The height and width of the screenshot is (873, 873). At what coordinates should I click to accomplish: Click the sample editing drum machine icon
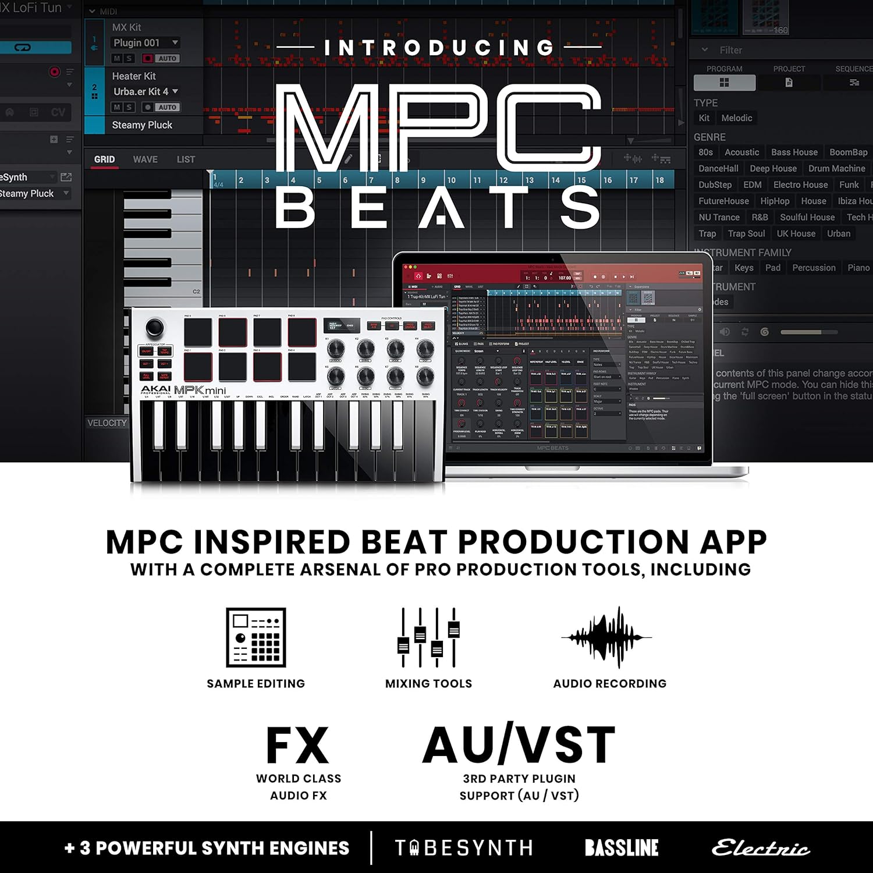(256, 637)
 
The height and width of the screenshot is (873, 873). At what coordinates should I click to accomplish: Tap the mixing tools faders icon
(428, 637)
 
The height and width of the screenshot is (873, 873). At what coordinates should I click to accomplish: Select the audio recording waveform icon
(607, 637)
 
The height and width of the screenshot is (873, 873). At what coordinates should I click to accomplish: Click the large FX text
(297, 746)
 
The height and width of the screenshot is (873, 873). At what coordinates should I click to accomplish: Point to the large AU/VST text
(519, 745)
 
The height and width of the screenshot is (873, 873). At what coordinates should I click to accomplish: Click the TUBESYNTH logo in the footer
(464, 848)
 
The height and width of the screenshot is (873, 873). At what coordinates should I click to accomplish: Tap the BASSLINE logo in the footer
(622, 848)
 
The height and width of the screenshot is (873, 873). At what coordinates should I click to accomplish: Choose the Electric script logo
(761, 848)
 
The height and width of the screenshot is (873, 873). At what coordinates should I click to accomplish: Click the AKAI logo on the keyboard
(155, 389)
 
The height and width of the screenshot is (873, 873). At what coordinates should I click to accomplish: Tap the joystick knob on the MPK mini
(155, 327)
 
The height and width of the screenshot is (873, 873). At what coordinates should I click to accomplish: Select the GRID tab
(105, 159)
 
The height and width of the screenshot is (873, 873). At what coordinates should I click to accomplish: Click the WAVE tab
(145, 159)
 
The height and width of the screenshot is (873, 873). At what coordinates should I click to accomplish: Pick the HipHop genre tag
(775, 201)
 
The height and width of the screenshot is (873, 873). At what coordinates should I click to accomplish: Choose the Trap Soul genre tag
(746, 233)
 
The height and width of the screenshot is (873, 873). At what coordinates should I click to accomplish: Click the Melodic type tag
(737, 118)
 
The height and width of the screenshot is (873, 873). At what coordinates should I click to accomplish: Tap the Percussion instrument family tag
(814, 268)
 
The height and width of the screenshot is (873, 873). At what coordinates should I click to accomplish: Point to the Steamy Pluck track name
(142, 125)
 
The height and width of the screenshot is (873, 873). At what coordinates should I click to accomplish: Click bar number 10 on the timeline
(451, 180)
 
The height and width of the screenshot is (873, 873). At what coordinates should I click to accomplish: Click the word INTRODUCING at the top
(439, 48)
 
